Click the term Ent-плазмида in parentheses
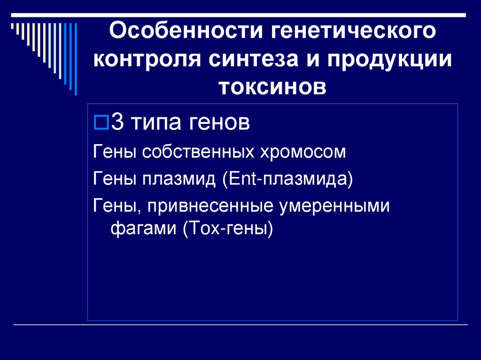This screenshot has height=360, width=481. (x=288, y=179)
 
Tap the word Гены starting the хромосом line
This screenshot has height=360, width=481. (x=113, y=153)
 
